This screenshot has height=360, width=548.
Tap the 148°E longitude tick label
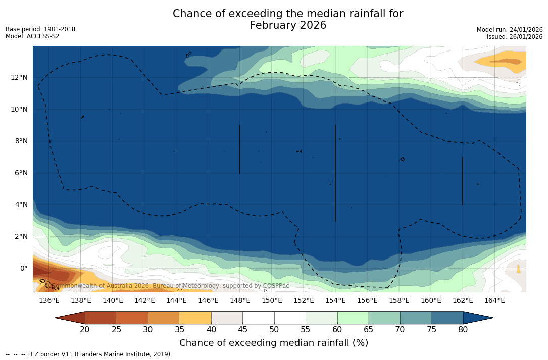point(240,300)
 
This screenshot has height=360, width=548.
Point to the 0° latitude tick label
point(24,268)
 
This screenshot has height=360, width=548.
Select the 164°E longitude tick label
point(494,300)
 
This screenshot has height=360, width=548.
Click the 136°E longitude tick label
point(49,300)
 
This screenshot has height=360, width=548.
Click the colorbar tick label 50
point(274,330)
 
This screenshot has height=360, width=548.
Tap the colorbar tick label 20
point(85,330)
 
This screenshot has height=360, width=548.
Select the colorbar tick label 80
point(463,330)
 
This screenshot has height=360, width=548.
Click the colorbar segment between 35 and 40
point(195,318)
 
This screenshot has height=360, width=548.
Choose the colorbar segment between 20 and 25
point(101,318)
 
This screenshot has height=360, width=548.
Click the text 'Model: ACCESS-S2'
point(32,36)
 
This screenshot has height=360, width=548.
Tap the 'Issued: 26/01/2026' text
point(515,37)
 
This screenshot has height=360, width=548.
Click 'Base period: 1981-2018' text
point(40,29)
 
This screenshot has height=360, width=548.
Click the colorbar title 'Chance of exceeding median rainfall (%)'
point(274,343)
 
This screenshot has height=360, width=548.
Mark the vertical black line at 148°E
point(240,149)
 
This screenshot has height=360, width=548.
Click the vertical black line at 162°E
point(463,181)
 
